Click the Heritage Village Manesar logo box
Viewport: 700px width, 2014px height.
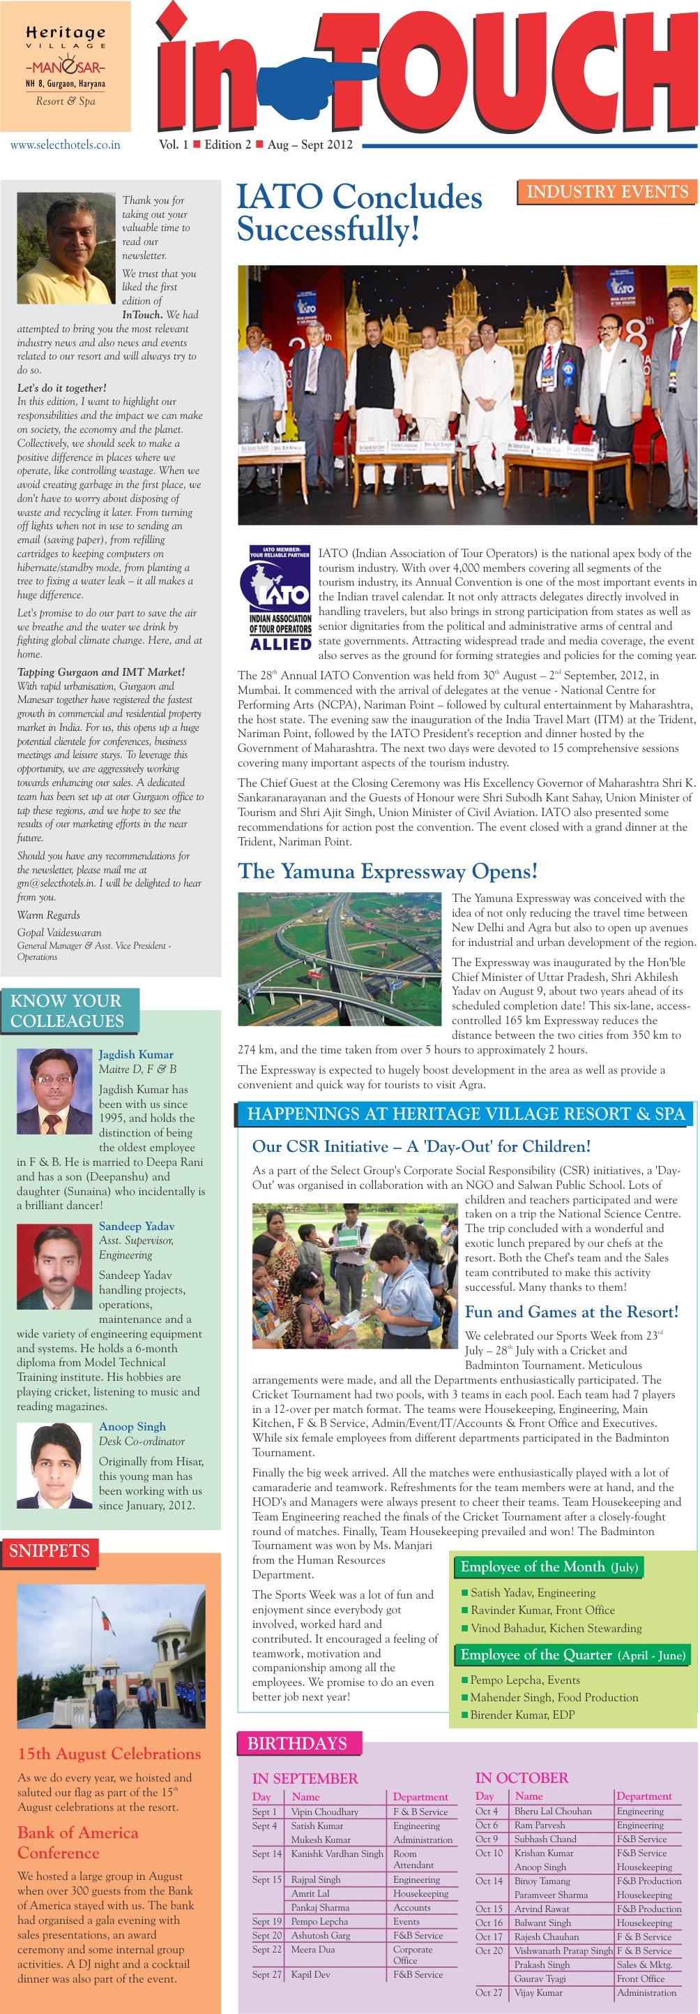click(x=65, y=66)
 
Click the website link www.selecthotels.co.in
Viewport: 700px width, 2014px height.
click(x=65, y=145)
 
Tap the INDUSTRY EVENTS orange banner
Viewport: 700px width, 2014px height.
click(x=607, y=191)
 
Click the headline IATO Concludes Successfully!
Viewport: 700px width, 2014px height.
click(x=359, y=213)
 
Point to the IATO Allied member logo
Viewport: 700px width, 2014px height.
click(x=280, y=599)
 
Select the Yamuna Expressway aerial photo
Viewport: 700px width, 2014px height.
click(x=339, y=958)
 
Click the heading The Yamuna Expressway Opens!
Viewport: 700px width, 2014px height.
click(x=388, y=871)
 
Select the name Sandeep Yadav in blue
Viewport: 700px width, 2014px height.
click(x=137, y=1226)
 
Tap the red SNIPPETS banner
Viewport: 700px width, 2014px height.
click(x=50, y=1550)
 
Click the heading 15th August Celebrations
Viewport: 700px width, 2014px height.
click(x=109, y=1754)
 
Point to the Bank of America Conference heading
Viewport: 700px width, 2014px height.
click(x=77, y=1843)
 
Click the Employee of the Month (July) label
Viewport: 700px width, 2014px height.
click(x=549, y=1567)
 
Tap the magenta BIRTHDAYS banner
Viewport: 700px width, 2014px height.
click(x=298, y=1743)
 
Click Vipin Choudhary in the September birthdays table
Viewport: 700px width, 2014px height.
click(x=325, y=1812)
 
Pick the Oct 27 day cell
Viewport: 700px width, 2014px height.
click(x=489, y=1992)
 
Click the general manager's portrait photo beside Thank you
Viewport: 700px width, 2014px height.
click(x=66, y=249)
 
